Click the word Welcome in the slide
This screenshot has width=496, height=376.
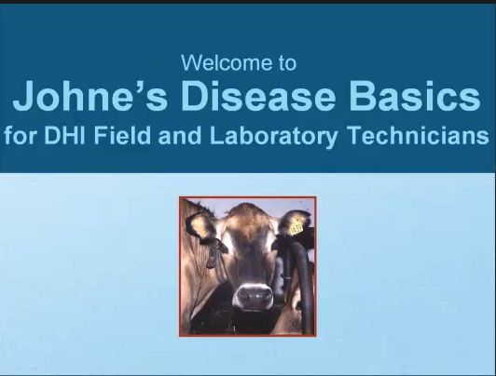point(227,62)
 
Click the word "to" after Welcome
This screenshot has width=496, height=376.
point(287,63)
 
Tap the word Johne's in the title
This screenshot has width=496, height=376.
point(90,95)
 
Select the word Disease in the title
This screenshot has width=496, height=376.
point(258,95)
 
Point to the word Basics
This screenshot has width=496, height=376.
point(415,95)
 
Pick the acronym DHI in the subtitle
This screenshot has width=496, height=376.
point(64,135)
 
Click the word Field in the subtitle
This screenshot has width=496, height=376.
point(122,135)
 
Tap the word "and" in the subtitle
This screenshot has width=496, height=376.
point(179,135)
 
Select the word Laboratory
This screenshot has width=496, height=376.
point(273,137)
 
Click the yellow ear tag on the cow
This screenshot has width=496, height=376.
point(296,227)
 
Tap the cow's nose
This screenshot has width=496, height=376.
point(255,296)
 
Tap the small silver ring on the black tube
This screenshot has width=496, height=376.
point(287,278)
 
